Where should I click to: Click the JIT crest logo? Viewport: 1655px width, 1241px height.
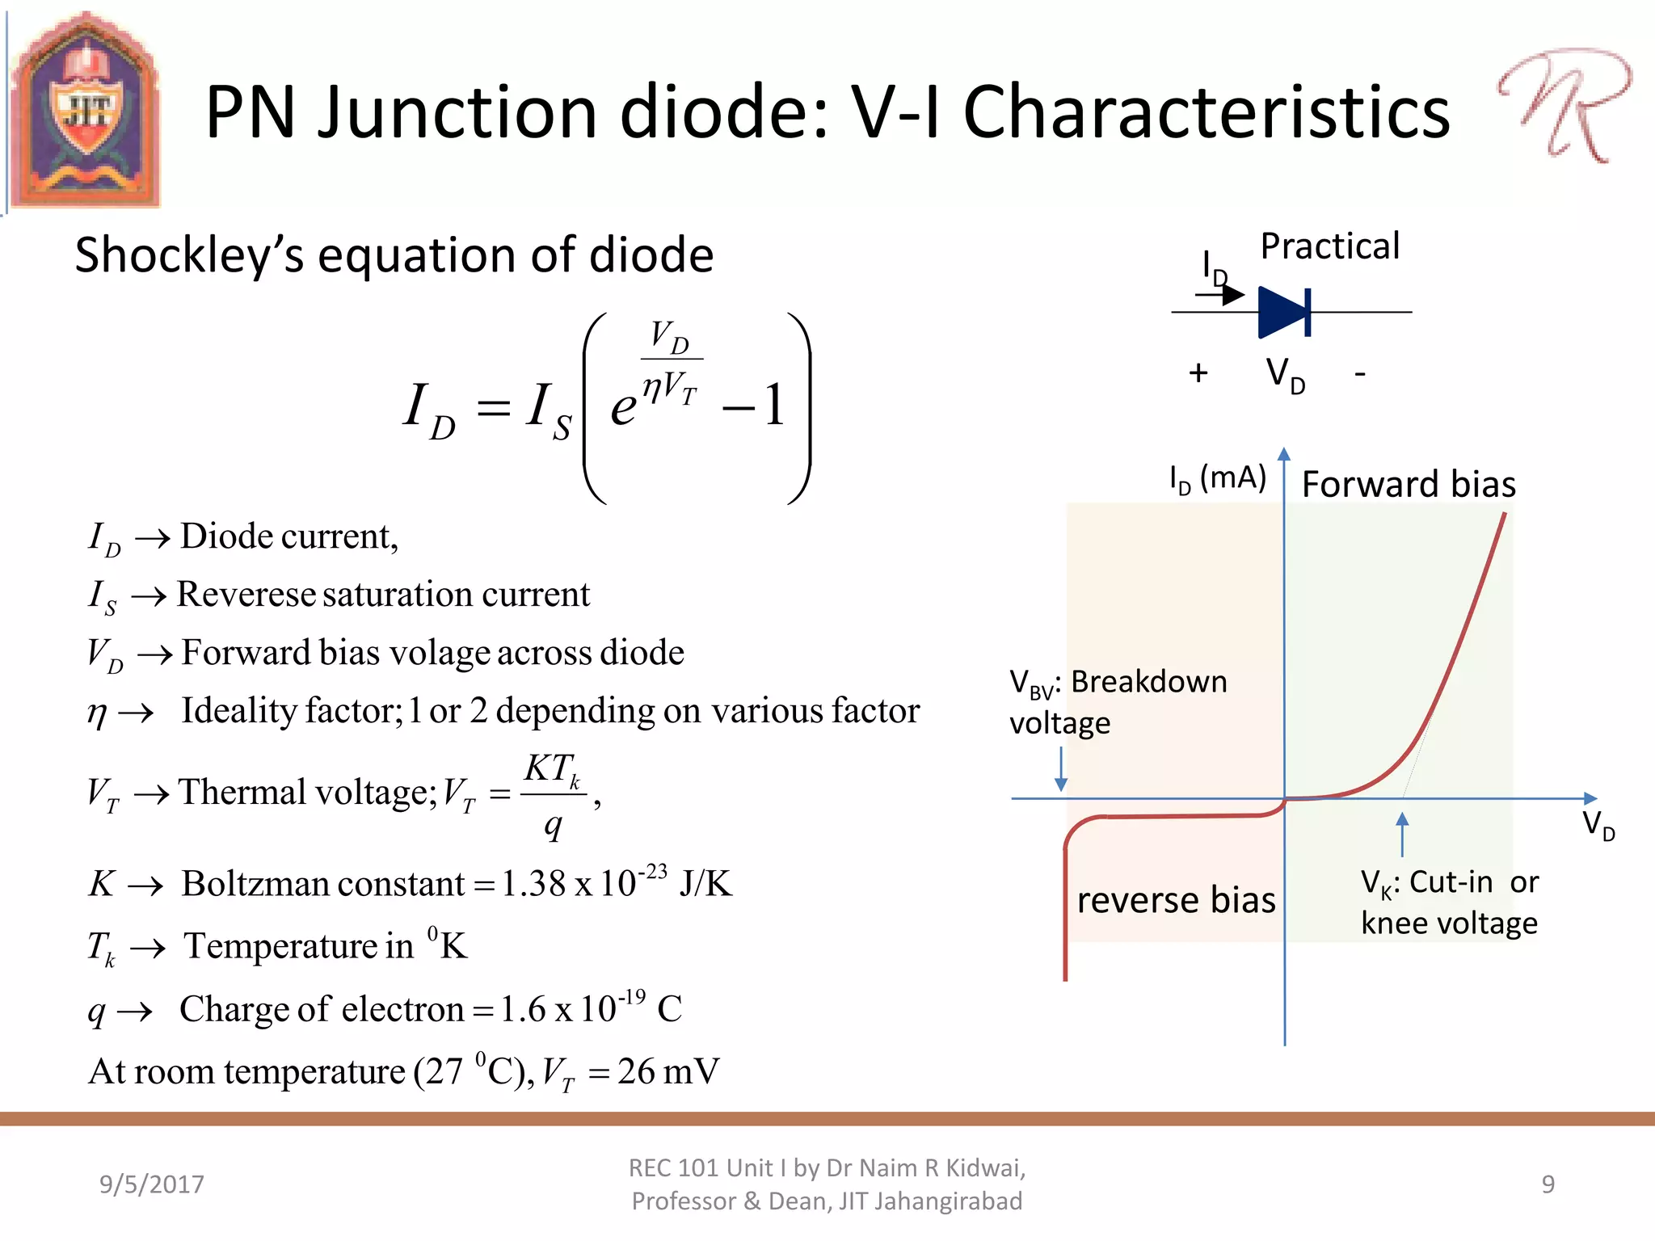point(85,111)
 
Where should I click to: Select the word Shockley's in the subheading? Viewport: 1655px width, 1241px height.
point(189,255)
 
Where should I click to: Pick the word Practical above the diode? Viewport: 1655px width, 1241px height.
point(1329,246)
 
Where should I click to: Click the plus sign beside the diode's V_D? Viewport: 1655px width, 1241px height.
point(1198,373)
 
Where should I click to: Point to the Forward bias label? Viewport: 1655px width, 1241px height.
point(1409,484)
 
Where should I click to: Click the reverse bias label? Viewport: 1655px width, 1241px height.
point(1176,900)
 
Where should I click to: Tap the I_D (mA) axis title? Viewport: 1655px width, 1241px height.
point(1217,478)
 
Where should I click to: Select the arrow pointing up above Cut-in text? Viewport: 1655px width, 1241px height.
point(1402,834)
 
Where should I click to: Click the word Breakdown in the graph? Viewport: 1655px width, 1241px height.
point(1148,682)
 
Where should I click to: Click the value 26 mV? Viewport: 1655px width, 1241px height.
point(667,1072)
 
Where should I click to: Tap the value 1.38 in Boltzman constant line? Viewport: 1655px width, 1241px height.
point(533,884)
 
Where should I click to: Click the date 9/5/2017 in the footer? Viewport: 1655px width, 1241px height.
point(152,1184)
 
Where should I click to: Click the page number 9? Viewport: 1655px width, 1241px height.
point(1548,1184)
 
